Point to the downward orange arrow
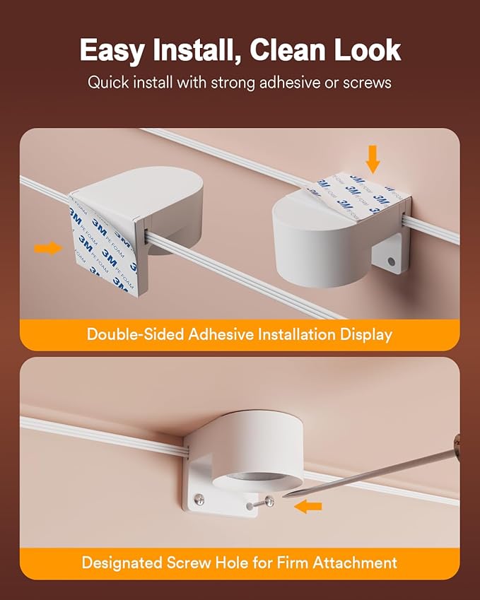(373, 159)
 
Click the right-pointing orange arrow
(48, 248)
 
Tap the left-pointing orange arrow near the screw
(308, 507)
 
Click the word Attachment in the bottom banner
(355, 563)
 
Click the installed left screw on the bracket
(199, 500)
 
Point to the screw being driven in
(262, 503)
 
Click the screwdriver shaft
(370, 473)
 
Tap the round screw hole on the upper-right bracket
(391, 261)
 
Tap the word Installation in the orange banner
(297, 334)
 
